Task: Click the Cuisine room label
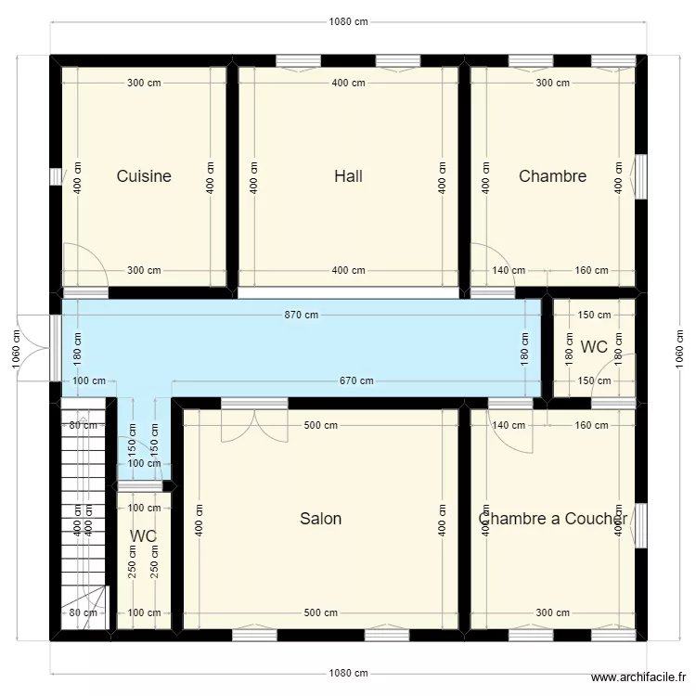point(144,176)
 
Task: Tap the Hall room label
point(348,176)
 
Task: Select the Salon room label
point(320,519)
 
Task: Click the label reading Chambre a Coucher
point(553,519)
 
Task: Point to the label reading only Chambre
point(552,176)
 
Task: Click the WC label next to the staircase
point(143,536)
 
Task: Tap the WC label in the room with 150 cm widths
point(594,347)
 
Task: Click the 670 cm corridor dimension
point(355,380)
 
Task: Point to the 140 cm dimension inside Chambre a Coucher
point(509,425)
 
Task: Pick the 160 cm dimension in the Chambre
point(591,271)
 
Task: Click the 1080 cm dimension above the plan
point(348,22)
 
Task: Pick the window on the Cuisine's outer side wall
point(56,176)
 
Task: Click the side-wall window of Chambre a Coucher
point(640,527)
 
